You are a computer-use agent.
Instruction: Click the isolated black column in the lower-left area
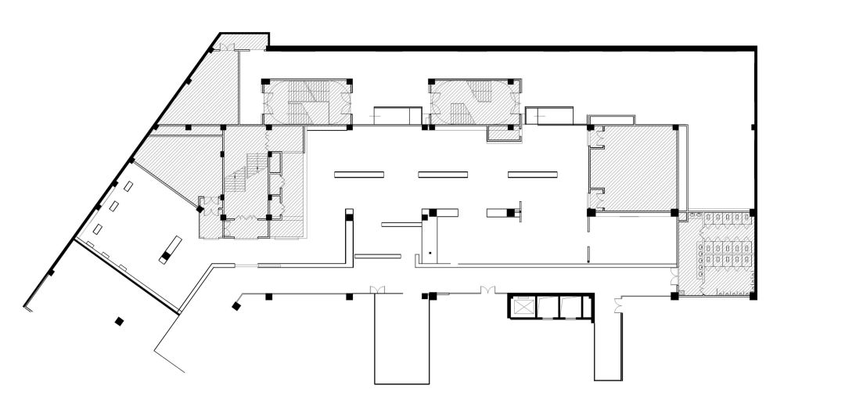click(119, 320)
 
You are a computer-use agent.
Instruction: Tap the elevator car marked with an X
click(522, 307)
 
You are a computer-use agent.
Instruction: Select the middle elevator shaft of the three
click(548, 307)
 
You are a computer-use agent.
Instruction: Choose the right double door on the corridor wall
click(487, 291)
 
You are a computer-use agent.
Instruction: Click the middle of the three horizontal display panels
click(442, 174)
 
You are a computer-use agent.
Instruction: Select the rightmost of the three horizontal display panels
click(532, 174)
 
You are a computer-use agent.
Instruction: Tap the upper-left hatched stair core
click(306, 102)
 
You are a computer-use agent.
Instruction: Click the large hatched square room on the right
click(634, 168)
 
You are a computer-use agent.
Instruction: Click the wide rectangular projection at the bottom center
click(403, 341)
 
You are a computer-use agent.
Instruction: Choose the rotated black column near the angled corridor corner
click(235, 305)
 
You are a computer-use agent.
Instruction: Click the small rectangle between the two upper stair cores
click(393, 115)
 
